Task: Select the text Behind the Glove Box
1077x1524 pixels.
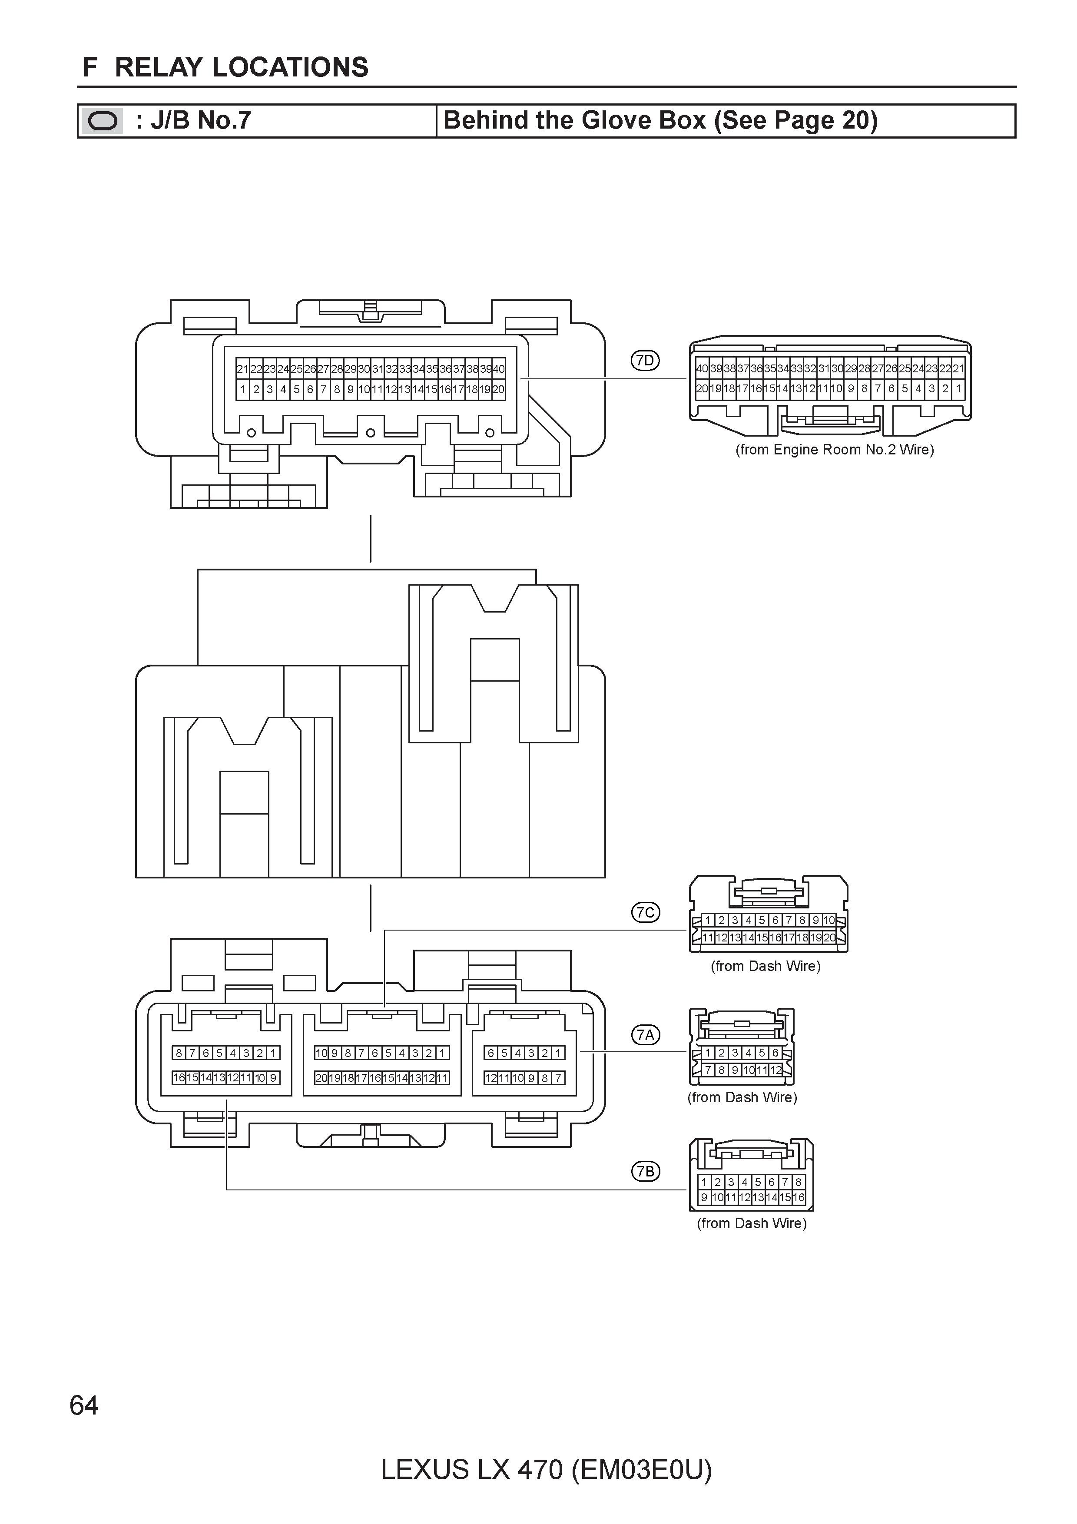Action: click(575, 120)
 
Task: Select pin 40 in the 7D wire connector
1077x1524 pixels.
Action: click(701, 368)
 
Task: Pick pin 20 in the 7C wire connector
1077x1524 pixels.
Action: click(829, 938)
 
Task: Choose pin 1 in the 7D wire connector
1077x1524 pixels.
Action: click(958, 389)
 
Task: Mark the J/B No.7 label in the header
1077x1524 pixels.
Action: click(193, 120)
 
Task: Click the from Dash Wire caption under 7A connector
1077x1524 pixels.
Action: click(742, 1097)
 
